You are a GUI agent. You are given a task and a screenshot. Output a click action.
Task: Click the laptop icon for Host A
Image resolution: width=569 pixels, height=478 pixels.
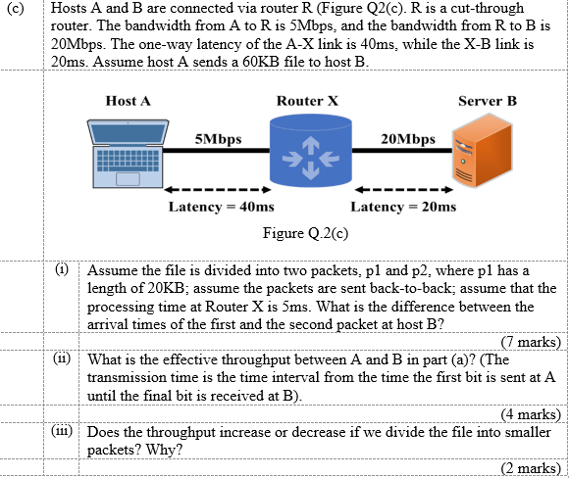tap(129, 153)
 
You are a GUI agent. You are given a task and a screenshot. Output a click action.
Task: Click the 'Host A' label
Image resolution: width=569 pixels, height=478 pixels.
tap(129, 101)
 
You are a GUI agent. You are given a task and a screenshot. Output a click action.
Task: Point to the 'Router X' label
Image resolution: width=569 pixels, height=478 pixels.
tap(307, 101)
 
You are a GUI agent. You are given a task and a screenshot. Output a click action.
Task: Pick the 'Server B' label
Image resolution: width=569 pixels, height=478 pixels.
tap(487, 101)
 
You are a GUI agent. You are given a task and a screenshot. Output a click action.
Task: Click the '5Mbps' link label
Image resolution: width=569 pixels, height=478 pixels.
tap(220, 138)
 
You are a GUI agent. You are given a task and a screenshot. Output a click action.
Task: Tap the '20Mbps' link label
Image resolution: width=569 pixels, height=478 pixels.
tap(404, 138)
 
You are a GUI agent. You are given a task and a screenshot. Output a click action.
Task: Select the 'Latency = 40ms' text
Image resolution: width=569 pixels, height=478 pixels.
tap(221, 207)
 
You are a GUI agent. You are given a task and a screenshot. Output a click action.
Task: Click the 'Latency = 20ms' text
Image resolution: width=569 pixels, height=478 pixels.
tap(403, 207)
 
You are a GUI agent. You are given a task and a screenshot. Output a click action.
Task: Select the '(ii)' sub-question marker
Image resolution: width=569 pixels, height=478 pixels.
tap(61, 359)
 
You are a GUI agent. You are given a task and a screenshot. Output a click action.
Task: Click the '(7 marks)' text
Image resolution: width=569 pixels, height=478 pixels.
tap(530, 342)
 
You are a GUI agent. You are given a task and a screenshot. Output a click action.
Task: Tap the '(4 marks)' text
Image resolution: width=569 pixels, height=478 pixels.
tap(530, 413)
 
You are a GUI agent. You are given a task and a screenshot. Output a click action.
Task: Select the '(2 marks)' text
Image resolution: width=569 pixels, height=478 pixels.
tap(530, 467)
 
